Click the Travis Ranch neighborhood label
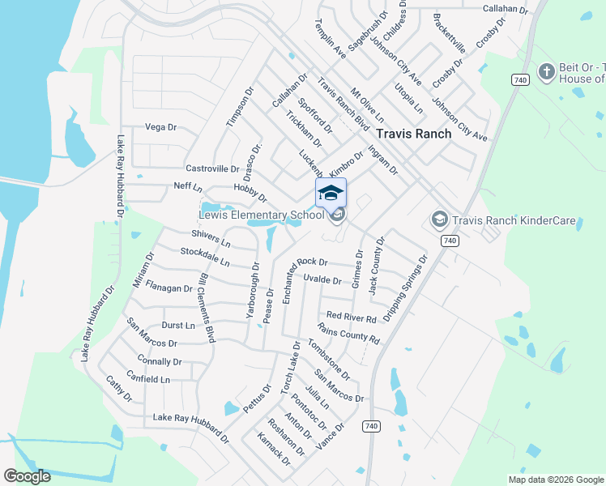coord(413,134)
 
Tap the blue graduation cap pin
coord(331,194)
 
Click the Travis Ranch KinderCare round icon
coord(439,219)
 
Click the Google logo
coord(27,476)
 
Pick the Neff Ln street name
coord(187,187)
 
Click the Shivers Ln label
coord(211,239)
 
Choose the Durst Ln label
coord(178,325)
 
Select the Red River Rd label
coord(351,317)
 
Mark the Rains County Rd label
coord(348,332)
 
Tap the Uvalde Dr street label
coord(322,279)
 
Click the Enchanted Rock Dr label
coord(312,262)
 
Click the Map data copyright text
coord(555,480)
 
